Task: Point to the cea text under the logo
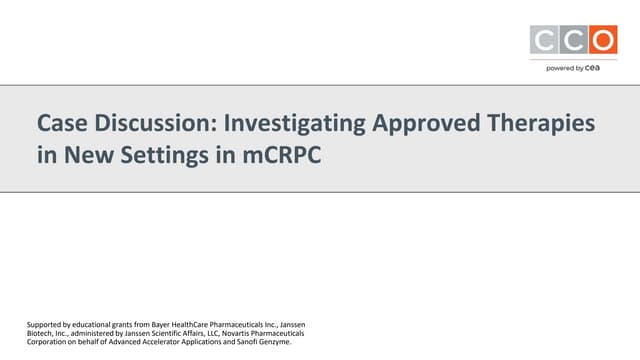[595, 68]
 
